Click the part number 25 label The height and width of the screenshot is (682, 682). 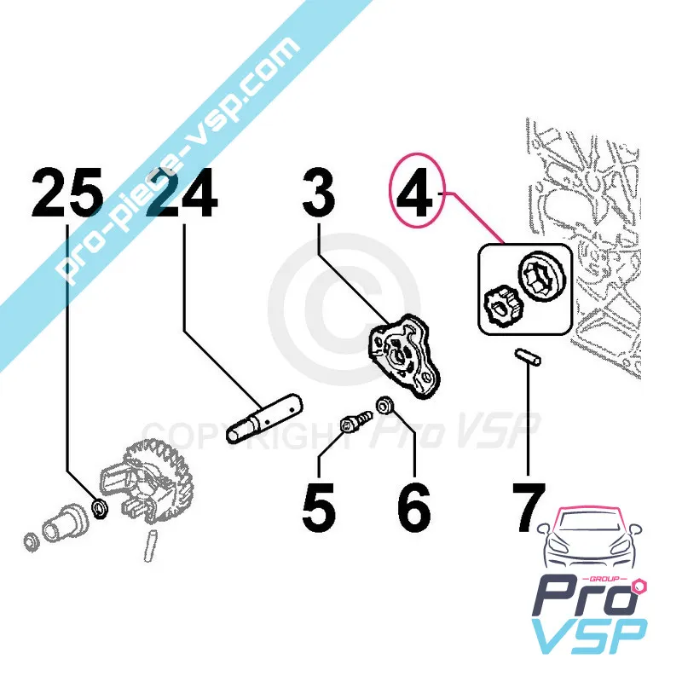68,195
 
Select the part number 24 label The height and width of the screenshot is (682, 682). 181,195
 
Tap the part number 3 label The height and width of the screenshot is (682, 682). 319,195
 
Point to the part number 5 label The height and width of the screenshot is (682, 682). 319,508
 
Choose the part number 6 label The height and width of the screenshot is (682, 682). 413,508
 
